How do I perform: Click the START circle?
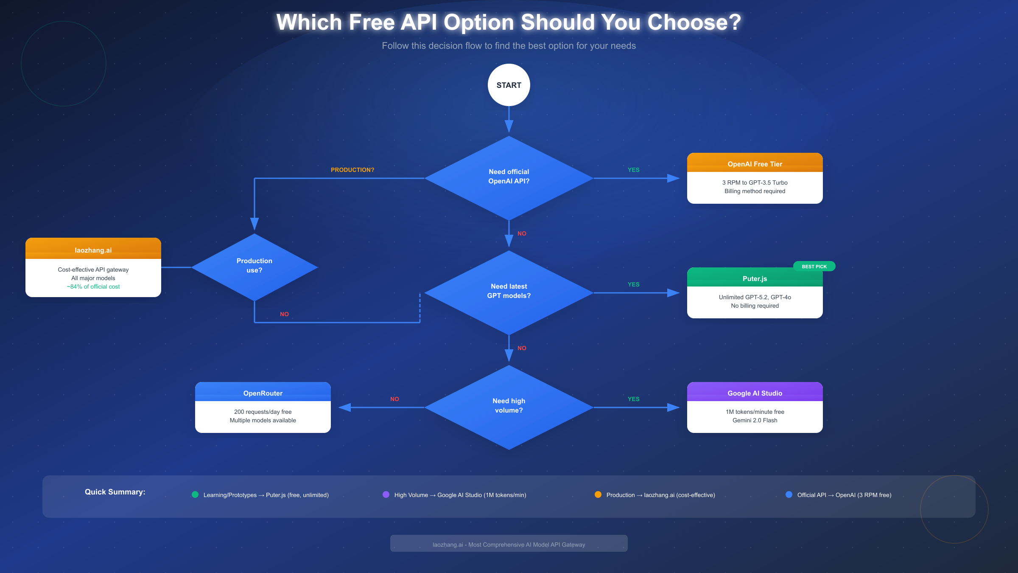509,85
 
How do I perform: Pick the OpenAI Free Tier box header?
755,163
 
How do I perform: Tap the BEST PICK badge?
814,267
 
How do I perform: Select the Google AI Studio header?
755,393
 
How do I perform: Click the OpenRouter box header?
263,393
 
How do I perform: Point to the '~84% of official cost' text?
93,287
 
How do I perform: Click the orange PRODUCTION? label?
352,170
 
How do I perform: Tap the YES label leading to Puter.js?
633,284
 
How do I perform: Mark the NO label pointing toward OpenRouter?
394,399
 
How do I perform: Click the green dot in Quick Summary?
195,494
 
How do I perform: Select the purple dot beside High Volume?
386,494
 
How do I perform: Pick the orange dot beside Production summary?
598,494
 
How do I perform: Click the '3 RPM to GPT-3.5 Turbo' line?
755,183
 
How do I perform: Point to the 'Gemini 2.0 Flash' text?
755,420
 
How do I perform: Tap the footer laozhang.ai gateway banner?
509,544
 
